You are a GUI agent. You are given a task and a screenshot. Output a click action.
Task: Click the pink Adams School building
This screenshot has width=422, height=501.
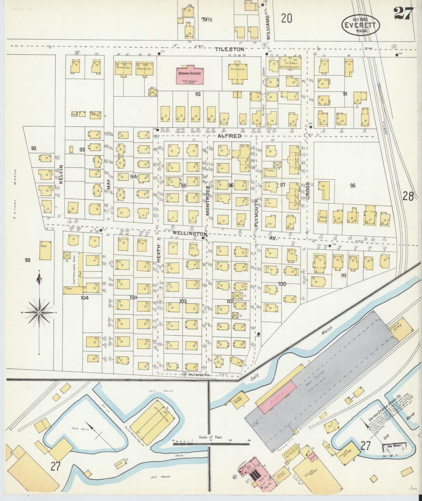pos(190,75)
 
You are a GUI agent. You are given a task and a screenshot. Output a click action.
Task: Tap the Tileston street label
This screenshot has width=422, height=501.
pos(229,49)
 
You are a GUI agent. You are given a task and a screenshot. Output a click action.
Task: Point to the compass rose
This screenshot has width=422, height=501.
pos(39,312)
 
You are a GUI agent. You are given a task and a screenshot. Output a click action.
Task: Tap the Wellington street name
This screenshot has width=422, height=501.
pos(190,234)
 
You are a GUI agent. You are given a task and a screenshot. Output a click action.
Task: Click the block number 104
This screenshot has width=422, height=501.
pos(85,298)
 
